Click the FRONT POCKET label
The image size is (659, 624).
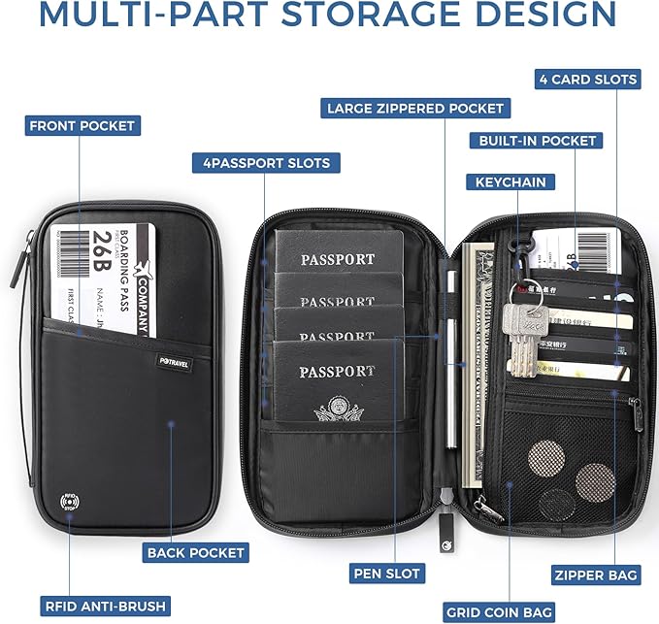coord(82,126)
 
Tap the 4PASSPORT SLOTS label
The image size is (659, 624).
coord(265,163)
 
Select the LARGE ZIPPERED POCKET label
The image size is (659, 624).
coord(414,108)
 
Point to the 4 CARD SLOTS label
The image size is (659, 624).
coord(588,80)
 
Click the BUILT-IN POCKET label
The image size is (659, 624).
coord(537,141)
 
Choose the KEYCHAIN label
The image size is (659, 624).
coord(510,181)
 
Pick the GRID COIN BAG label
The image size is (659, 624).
coord(499,612)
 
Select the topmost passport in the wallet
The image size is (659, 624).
coord(336,254)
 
